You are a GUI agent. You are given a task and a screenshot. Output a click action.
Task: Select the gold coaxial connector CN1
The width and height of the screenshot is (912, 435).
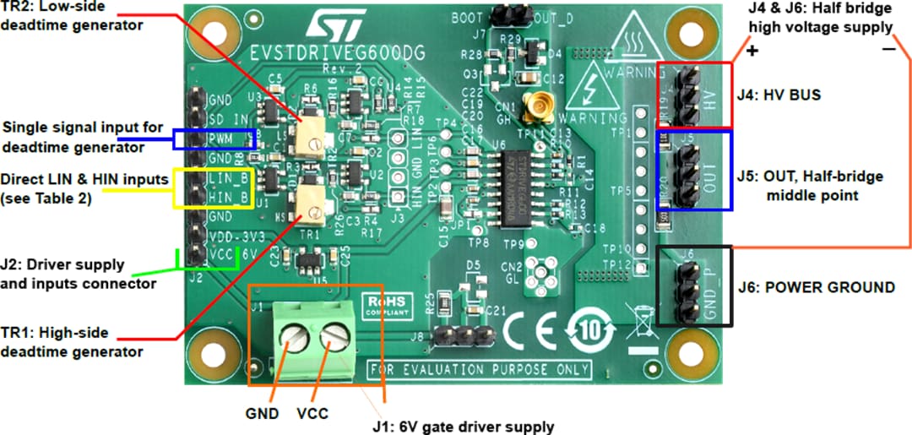pyautogui.click(x=535, y=107)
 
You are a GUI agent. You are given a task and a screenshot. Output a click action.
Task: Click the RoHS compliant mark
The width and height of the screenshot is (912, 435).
pyautogui.click(x=386, y=304)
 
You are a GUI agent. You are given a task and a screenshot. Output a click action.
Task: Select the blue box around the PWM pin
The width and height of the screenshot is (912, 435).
pyautogui.click(x=213, y=139)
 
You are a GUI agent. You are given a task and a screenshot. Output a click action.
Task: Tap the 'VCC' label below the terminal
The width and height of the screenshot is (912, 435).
pyautogui.click(x=312, y=414)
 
